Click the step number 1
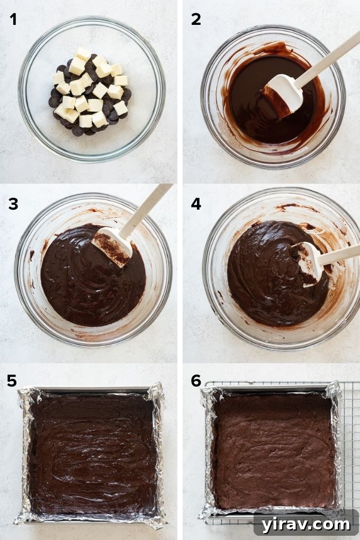pyautogui.click(x=13, y=20)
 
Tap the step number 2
pyautogui.click(x=196, y=20)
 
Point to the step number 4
pyautogui.click(x=196, y=203)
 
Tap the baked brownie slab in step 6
pyautogui.click(x=273, y=450)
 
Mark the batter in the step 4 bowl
pyautogui.click(x=265, y=281)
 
